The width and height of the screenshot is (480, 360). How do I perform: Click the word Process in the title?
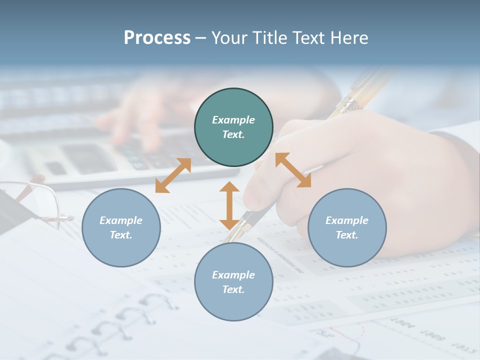[157, 37]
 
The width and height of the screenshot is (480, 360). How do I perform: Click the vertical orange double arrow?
[229, 205]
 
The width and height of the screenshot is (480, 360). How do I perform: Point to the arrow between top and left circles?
[173, 175]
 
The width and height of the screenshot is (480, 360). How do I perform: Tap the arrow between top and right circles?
[293, 170]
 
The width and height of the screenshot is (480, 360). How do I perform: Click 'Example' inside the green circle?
[233, 120]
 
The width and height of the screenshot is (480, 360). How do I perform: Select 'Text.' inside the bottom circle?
[233, 289]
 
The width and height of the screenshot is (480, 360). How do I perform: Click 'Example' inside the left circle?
[121, 220]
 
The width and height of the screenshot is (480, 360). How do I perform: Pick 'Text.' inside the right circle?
[347, 235]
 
